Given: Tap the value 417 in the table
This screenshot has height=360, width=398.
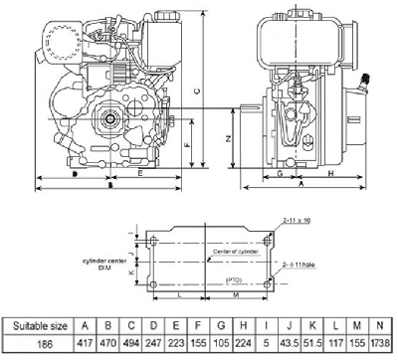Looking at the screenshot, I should (x=87, y=343).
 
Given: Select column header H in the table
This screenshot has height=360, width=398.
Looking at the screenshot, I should (x=242, y=324).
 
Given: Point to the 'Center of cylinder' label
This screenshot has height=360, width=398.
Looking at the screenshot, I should (x=237, y=252).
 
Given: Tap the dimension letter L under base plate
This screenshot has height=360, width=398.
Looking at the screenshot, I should (x=178, y=296).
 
